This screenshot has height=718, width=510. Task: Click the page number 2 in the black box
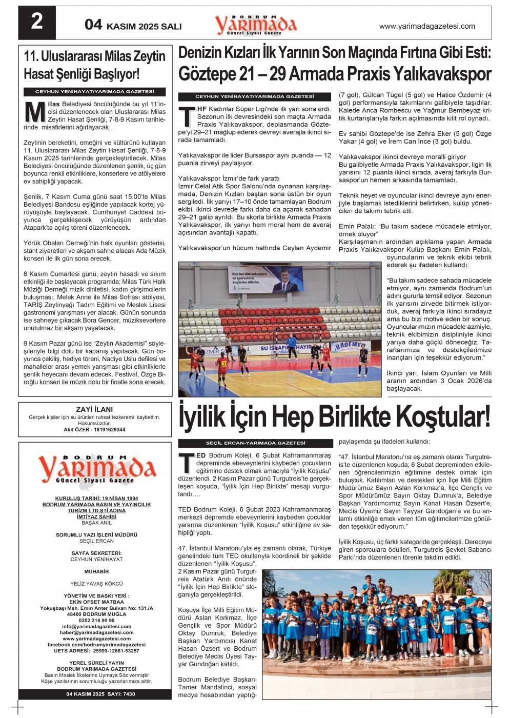click(x=37, y=22)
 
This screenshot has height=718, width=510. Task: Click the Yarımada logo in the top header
click(x=255, y=24)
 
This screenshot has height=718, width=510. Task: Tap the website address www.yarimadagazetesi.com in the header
click(x=426, y=26)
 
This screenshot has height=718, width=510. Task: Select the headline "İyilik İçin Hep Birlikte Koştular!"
click(x=334, y=416)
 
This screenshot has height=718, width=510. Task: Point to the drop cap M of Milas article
click(x=35, y=112)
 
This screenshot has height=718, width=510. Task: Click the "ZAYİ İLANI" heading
click(x=94, y=409)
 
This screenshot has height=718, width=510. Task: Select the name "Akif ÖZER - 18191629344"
click(x=94, y=430)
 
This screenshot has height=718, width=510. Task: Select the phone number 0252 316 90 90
click(x=96, y=620)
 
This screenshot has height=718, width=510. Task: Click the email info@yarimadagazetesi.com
click(x=96, y=626)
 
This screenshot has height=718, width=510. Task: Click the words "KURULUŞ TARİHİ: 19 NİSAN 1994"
click(x=96, y=498)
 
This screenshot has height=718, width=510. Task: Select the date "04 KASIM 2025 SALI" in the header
click(x=133, y=25)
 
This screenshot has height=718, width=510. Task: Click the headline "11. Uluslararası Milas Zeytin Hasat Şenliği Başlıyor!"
click(x=95, y=65)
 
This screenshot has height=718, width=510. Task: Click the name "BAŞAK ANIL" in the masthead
click(x=96, y=523)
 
